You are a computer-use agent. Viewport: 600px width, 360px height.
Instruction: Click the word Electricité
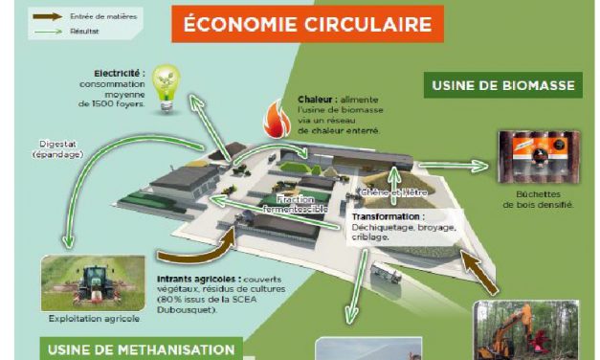(120, 73)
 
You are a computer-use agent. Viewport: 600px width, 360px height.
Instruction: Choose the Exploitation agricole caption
(80, 318)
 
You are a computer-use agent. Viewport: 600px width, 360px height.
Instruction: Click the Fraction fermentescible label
(301, 204)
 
